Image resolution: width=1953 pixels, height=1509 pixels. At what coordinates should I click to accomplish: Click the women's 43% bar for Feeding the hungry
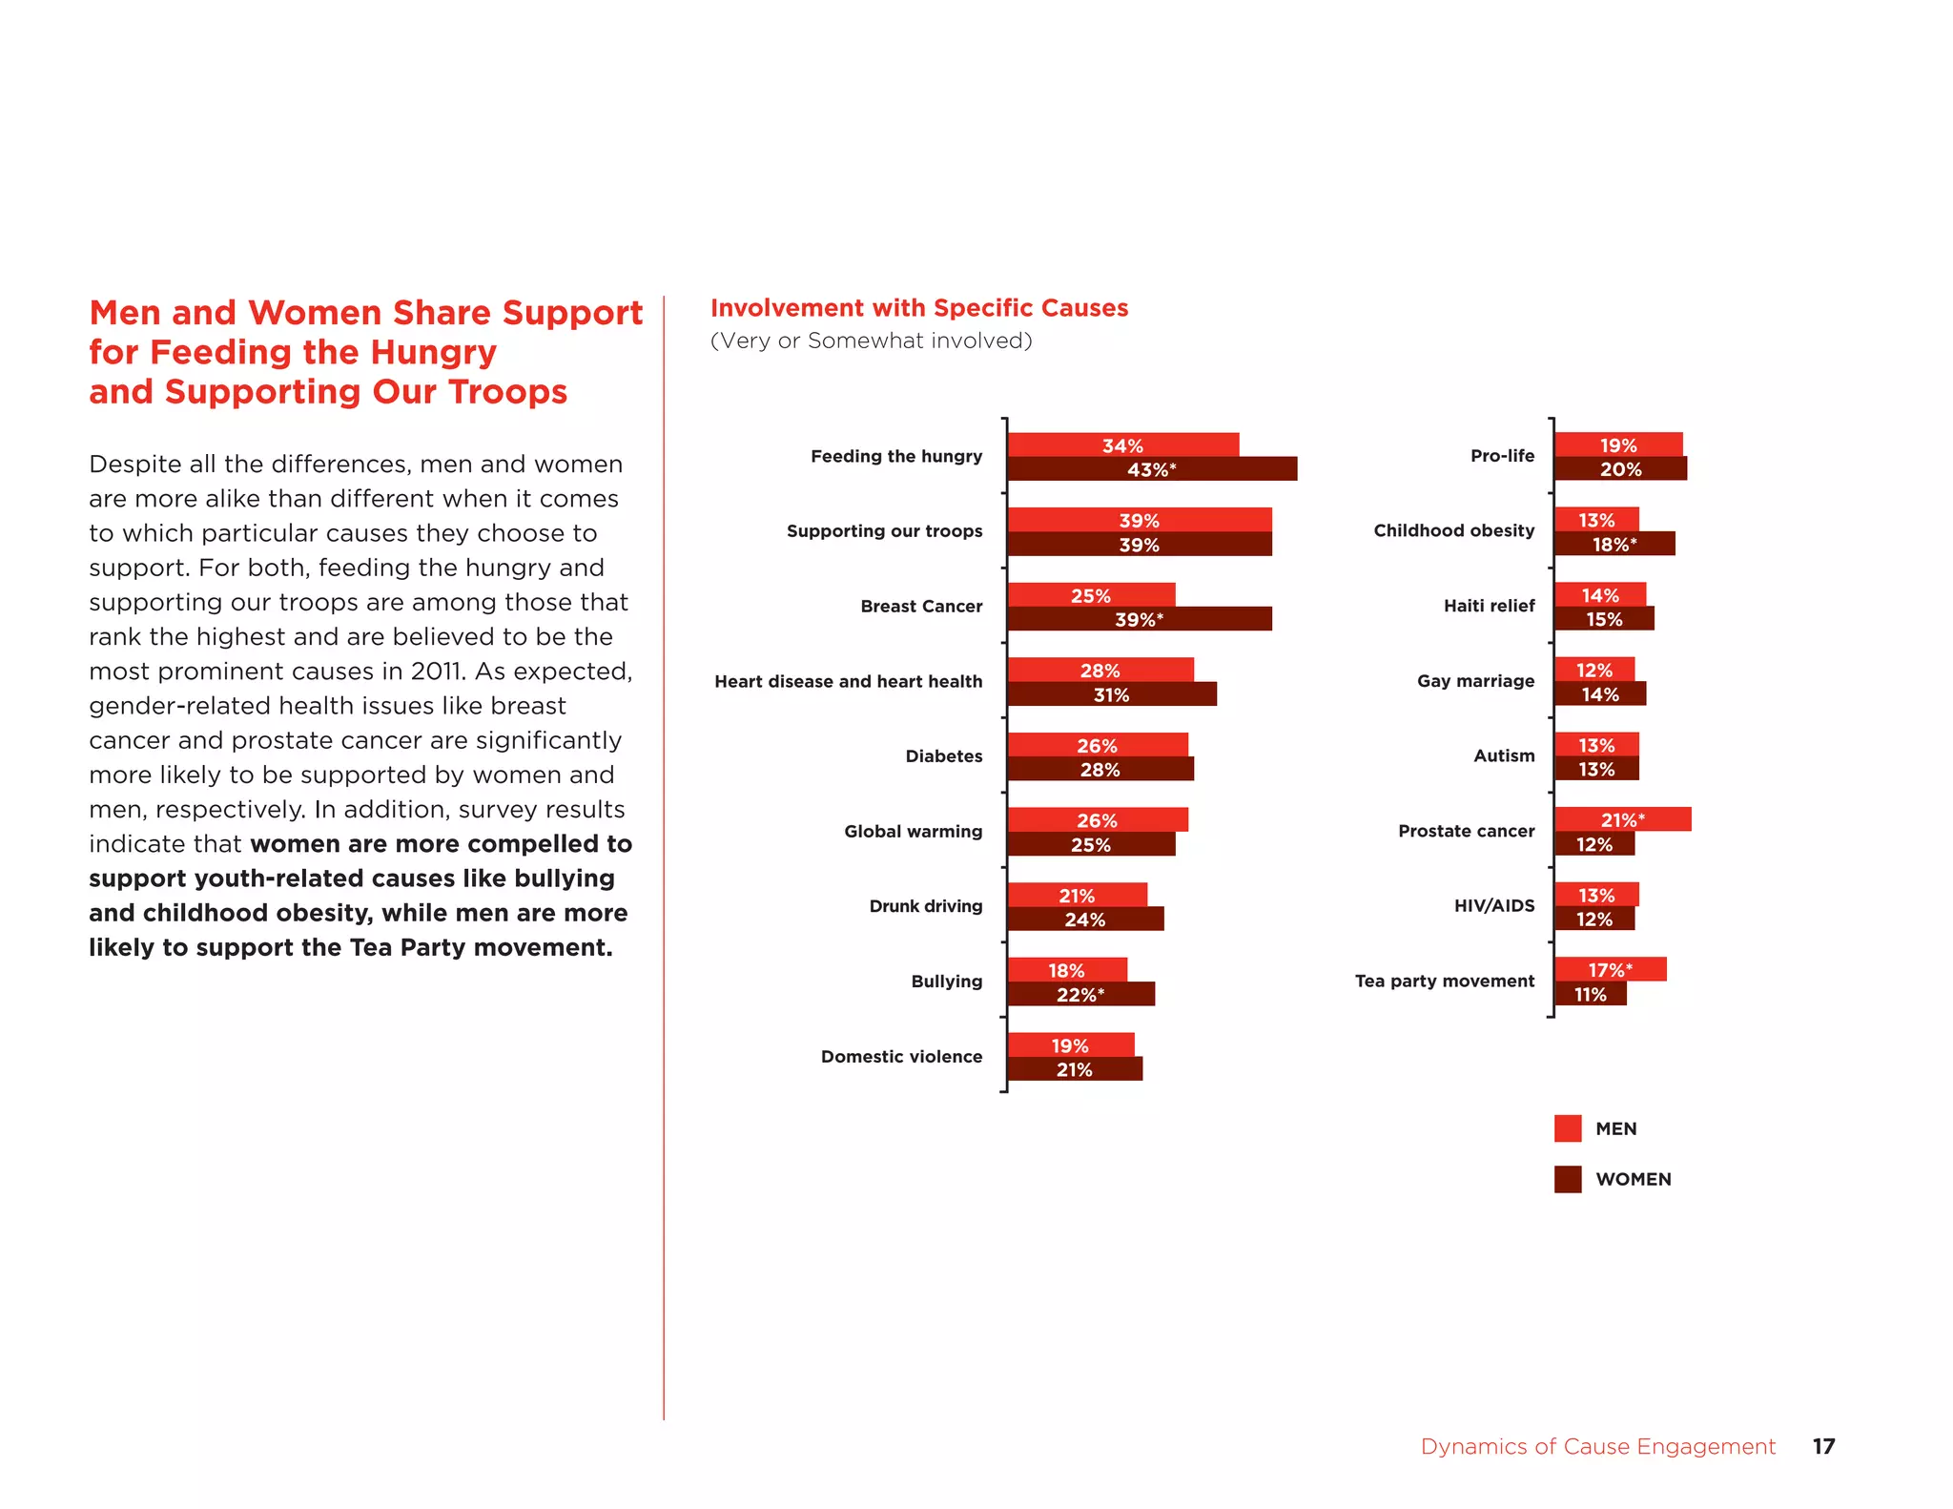[1152, 469]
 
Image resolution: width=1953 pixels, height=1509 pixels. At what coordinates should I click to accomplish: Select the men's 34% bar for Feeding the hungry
[1123, 445]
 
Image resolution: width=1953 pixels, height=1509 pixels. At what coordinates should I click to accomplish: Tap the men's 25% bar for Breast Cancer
[1091, 595]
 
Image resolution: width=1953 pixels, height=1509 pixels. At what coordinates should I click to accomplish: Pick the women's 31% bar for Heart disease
[1112, 694]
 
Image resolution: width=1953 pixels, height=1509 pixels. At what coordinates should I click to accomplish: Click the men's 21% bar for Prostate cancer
[1622, 819]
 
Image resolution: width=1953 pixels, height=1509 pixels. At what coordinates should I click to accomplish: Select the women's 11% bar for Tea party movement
[1590, 994]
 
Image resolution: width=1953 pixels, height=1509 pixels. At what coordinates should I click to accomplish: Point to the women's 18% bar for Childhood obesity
[1614, 544]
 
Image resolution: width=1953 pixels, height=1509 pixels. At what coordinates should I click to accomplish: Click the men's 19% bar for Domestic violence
[1070, 1045]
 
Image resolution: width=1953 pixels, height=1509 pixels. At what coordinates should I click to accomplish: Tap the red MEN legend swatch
[1567, 1128]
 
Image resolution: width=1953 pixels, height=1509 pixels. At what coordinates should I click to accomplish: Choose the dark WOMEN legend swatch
[1567, 1179]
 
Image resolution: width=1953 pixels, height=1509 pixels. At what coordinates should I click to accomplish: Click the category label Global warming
[913, 831]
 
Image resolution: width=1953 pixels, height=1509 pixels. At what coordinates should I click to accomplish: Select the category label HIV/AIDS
[1493, 905]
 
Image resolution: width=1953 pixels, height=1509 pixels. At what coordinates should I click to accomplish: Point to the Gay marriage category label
[1475, 680]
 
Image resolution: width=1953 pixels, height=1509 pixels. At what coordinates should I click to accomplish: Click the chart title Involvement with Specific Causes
[918, 308]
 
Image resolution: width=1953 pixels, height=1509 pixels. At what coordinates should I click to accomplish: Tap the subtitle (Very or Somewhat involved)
[871, 341]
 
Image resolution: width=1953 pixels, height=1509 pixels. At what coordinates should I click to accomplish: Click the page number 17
[1822, 1446]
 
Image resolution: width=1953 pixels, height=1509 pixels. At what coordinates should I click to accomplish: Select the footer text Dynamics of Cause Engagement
[1597, 1446]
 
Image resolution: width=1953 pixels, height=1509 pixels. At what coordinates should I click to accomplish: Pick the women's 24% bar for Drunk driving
[1085, 920]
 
